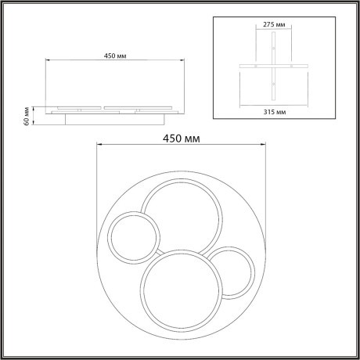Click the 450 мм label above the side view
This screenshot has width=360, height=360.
(114, 55)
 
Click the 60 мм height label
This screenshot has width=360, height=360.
(27, 117)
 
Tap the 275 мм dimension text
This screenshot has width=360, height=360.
(273, 23)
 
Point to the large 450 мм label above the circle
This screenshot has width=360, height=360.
(179, 138)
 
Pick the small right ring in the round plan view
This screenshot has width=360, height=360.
(231, 272)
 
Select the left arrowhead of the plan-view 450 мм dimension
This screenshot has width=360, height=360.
(98, 146)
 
